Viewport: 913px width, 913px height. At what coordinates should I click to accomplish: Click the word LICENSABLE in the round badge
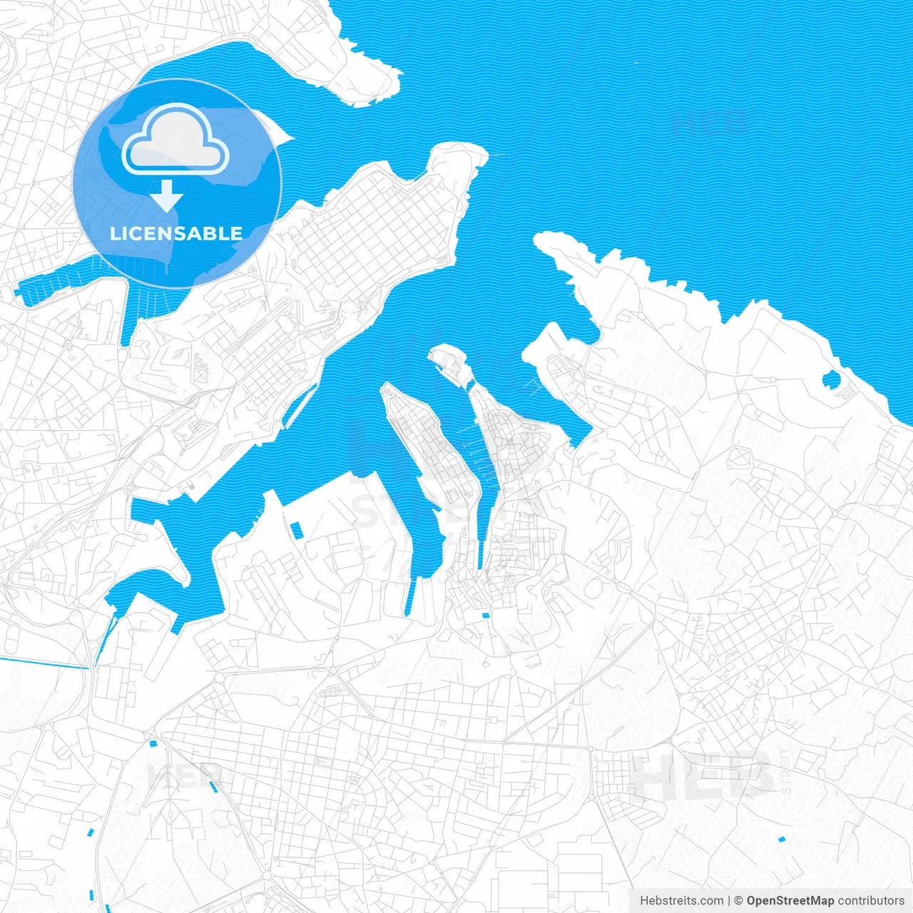(176, 233)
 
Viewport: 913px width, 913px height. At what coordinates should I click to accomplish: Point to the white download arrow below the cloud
(167, 195)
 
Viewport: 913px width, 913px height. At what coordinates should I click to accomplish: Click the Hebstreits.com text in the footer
(682, 901)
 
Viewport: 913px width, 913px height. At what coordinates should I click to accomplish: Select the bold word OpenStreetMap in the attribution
(790, 901)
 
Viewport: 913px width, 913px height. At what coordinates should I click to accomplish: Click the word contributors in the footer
(871, 901)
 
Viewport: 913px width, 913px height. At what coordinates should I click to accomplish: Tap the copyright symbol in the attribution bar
(739, 901)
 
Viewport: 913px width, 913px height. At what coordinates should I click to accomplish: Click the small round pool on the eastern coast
(832, 379)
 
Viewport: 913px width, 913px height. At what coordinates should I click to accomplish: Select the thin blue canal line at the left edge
(43, 663)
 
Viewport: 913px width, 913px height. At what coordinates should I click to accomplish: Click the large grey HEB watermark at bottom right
(703, 775)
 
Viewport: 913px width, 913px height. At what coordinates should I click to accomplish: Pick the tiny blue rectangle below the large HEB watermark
(781, 839)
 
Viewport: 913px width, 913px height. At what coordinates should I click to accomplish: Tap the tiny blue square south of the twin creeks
(486, 616)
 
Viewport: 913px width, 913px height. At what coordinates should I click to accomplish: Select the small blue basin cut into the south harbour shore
(296, 530)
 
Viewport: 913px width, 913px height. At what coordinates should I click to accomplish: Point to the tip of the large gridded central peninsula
(467, 153)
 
